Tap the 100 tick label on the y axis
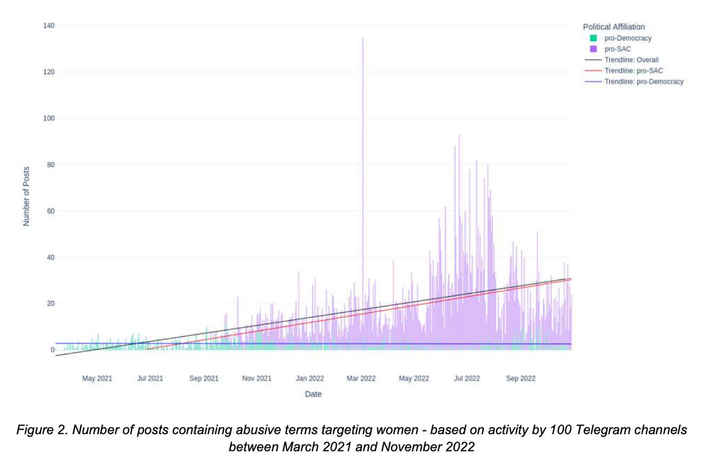click(x=49, y=118)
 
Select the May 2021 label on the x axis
click(x=97, y=379)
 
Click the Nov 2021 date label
click(x=256, y=379)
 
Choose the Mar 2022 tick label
click(x=361, y=379)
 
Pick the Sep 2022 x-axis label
click(x=520, y=379)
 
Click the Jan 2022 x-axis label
click(x=310, y=379)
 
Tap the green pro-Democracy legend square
click(x=593, y=38)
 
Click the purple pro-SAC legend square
click(x=593, y=49)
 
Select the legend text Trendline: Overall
click(x=631, y=60)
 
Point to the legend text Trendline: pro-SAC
click(x=633, y=71)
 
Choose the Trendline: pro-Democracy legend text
click(x=643, y=82)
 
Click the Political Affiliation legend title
click(x=614, y=27)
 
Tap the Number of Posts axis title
click(x=26, y=196)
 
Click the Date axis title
click(x=313, y=394)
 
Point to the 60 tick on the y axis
click(x=51, y=211)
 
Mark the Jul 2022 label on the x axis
click(x=466, y=379)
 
